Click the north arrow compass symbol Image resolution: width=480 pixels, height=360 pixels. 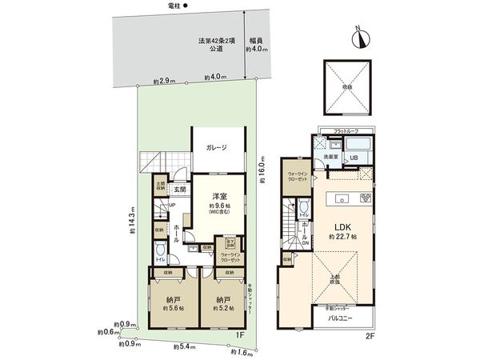coord(359,36)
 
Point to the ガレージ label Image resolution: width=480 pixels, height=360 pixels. coord(216,147)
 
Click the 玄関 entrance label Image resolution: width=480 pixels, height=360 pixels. coord(180,190)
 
